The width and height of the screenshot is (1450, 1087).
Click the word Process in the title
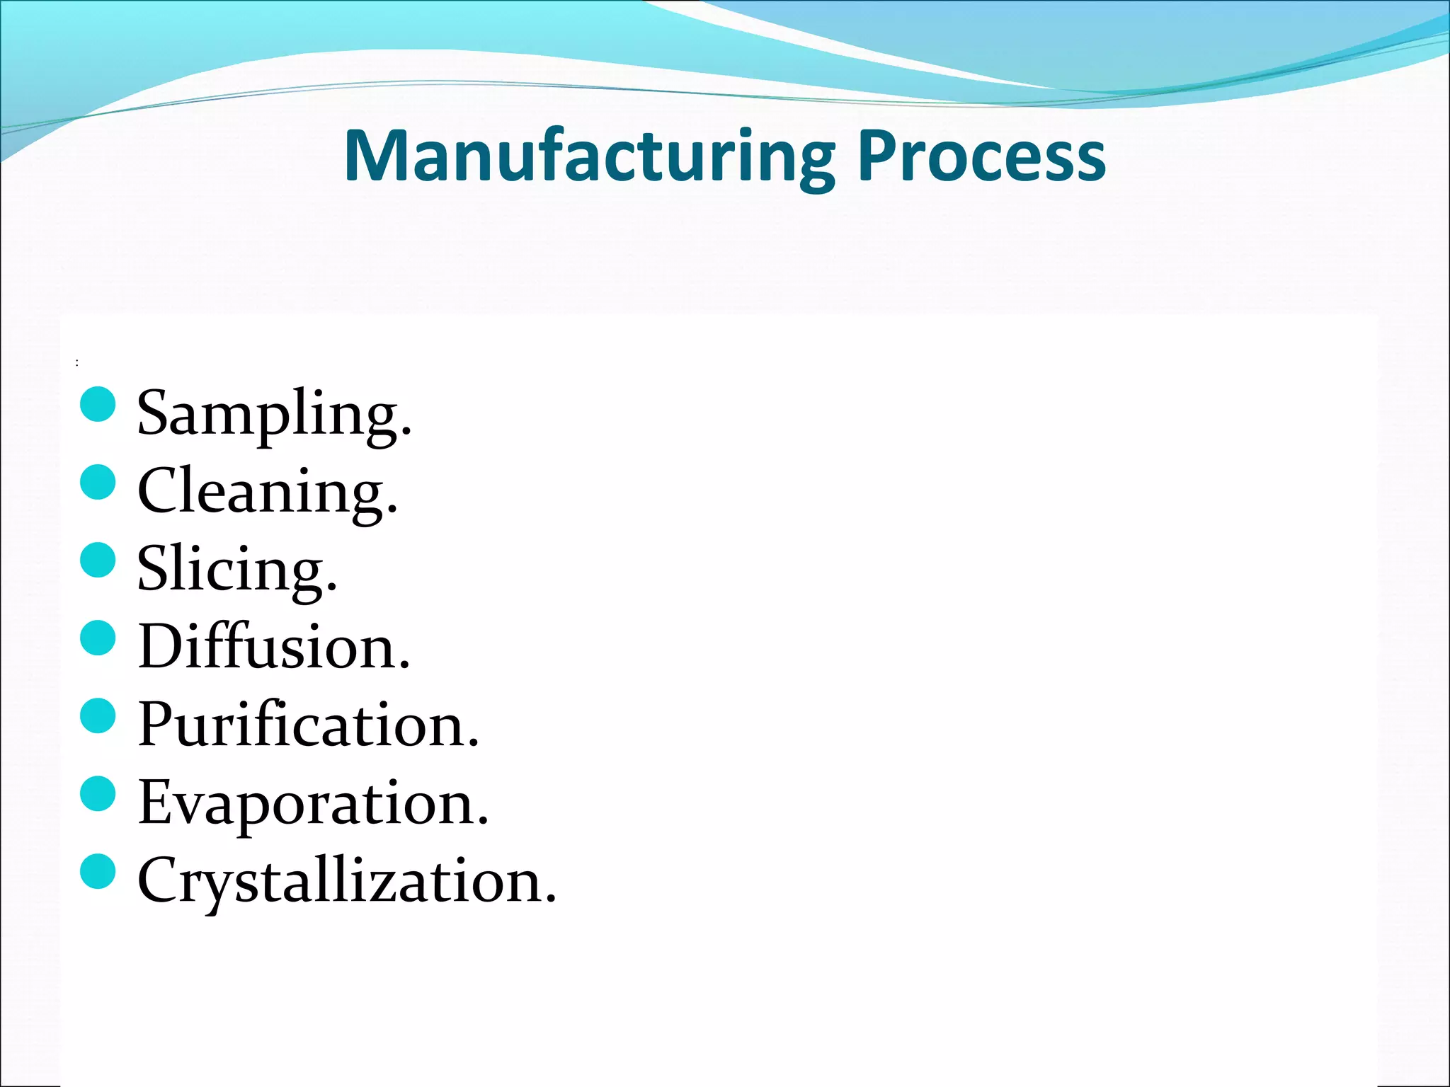pos(981,157)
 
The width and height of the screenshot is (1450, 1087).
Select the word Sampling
pos(273,413)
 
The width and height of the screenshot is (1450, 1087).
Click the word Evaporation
pos(312,803)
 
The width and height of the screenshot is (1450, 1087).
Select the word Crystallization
pos(346,880)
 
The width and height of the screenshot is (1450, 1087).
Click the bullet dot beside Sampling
pos(98,405)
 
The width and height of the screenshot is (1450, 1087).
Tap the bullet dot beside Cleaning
pos(98,483)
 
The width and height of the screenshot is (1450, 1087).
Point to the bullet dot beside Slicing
pos(98,560)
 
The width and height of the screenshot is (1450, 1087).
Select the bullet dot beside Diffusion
pos(98,638)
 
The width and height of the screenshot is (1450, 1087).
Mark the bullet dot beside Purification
pos(98,716)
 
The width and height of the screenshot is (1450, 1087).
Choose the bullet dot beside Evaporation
pos(98,794)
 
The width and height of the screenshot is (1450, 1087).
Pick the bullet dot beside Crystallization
pos(98,872)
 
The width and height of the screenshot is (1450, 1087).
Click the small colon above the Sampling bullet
pos(76,363)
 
